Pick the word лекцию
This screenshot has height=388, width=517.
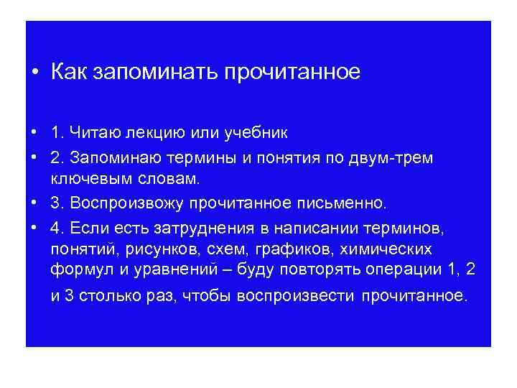click(159, 134)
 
